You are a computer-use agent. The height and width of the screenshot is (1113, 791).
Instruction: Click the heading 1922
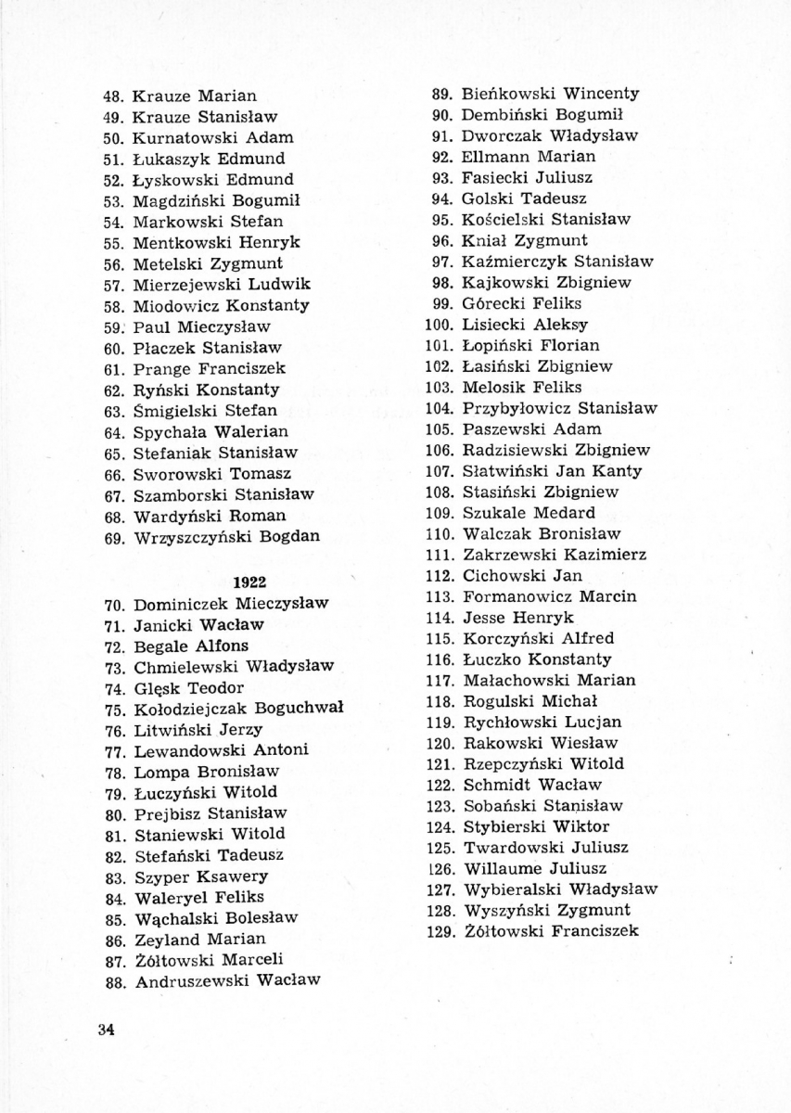[249, 582]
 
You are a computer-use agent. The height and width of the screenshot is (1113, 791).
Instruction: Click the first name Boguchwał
[299, 708]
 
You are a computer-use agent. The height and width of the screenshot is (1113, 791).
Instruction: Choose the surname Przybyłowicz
[516, 408]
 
